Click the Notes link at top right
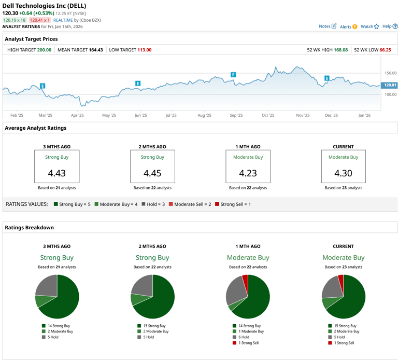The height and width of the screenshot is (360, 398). click(327, 26)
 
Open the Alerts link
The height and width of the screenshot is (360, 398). click(348, 26)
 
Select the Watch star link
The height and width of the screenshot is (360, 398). click(369, 26)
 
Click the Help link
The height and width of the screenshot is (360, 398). click(389, 26)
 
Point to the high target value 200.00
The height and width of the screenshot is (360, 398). click(44, 50)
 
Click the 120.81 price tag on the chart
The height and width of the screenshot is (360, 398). click(389, 85)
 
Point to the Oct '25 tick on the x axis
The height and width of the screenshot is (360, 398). click(268, 115)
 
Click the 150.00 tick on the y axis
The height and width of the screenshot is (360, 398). click(390, 73)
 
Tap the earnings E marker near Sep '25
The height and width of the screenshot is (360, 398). click(233, 75)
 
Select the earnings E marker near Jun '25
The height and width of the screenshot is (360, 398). click(138, 84)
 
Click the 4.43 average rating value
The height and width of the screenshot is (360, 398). click(56, 173)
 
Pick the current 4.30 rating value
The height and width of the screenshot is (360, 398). click(343, 173)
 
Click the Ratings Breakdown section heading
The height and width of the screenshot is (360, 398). click(29, 227)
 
